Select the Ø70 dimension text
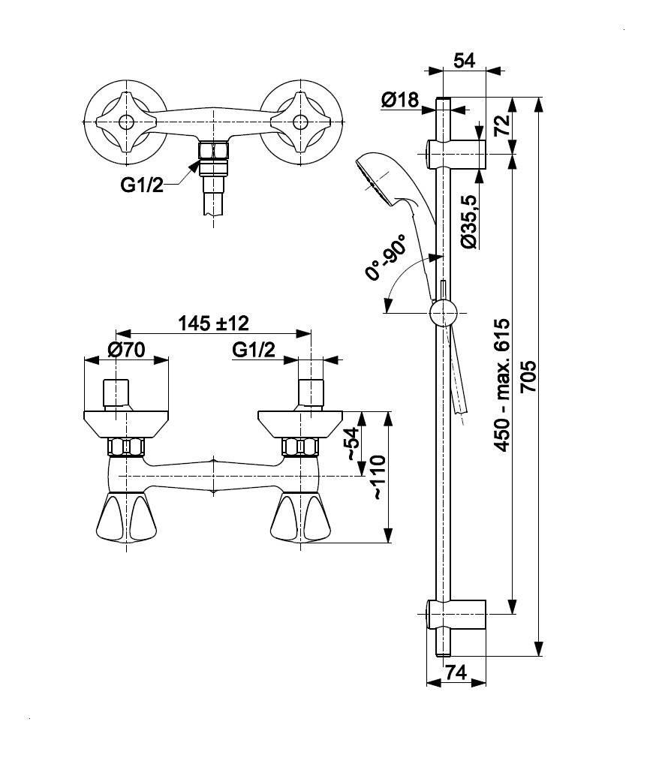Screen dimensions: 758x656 point(126,350)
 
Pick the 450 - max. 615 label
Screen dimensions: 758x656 point(501,384)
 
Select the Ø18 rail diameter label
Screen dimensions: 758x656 point(399,100)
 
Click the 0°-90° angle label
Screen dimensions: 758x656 point(387,257)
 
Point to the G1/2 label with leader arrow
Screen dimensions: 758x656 point(142,185)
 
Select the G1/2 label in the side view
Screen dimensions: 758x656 point(254,350)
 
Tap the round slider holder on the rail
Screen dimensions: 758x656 point(443,311)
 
